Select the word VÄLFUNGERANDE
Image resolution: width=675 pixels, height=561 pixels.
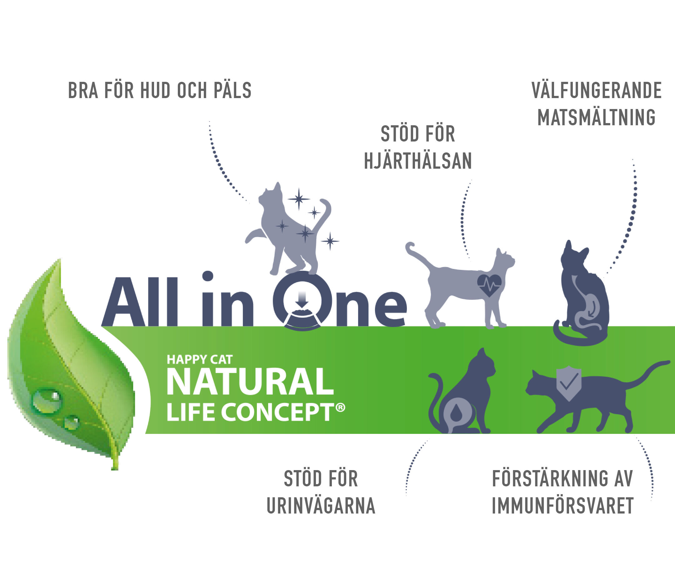pyautogui.click(x=597, y=90)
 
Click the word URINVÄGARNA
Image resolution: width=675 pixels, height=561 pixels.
pyautogui.click(x=321, y=506)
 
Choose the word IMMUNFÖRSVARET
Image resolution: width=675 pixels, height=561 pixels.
pyautogui.click(x=562, y=506)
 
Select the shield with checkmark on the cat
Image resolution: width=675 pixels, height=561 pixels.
pyautogui.click(x=569, y=383)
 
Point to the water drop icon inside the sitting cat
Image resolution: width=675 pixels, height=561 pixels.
pyautogui.click(x=457, y=413)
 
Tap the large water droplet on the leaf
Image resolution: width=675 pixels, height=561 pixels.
pyautogui.click(x=46, y=401)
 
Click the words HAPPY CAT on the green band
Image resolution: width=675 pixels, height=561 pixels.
pyautogui.click(x=199, y=360)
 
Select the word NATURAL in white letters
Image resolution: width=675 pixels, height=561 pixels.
pyautogui.click(x=250, y=382)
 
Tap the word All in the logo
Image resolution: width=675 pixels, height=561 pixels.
pyautogui.click(x=140, y=302)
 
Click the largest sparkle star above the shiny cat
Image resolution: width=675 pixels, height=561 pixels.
pyautogui.click(x=299, y=199)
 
